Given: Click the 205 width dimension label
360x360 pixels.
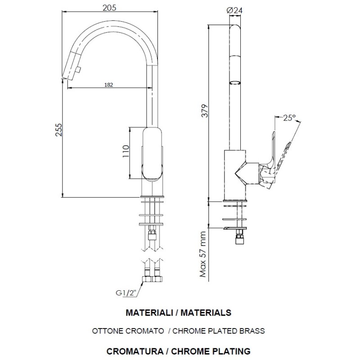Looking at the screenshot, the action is [109, 8].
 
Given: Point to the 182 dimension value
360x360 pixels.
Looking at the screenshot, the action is [108, 85].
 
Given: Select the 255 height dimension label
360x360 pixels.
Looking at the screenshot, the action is [59, 130].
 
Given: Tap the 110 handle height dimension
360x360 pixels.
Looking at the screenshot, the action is [126, 151].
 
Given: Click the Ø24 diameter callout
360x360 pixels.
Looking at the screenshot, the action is [234, 10].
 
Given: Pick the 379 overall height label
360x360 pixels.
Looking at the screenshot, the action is [205, 111].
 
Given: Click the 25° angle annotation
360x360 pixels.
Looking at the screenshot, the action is [289, 118].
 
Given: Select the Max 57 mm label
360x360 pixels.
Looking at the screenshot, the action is [203, 254].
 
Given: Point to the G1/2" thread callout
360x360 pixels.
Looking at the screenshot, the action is [126, 293].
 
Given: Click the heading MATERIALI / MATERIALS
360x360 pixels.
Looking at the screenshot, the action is [179, 313].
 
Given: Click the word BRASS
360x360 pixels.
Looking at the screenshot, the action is [252, 331].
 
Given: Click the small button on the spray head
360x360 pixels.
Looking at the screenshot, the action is [78, 70].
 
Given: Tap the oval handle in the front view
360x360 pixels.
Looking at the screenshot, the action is [152, 153].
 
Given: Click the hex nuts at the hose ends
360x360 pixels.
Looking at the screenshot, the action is [152, 279].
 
